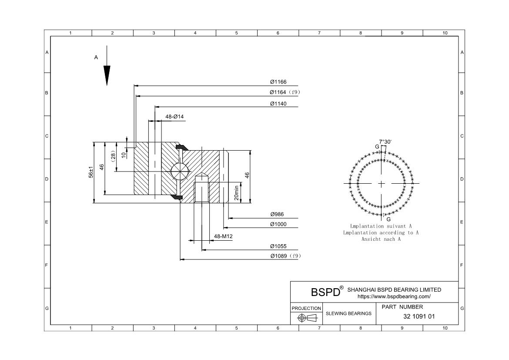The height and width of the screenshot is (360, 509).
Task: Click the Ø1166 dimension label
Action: (278, 82)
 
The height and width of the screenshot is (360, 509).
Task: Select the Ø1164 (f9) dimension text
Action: (285, 92)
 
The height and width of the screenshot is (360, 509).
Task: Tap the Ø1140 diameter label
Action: (278, 104)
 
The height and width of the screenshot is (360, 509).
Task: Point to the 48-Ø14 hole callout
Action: (174, 117)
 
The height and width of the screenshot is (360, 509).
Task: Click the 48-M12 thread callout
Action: (223, 236)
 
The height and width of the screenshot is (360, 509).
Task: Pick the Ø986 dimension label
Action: (277, 214)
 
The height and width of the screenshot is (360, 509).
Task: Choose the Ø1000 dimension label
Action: (278, 224)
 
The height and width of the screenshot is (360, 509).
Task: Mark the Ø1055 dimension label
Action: (278, 246)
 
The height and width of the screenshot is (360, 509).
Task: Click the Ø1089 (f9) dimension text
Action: (285, 256)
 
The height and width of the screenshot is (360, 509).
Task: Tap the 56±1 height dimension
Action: (91, 172)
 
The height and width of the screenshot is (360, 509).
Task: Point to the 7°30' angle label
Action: (385, 142)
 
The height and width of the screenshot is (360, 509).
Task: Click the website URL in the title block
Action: (394, 296)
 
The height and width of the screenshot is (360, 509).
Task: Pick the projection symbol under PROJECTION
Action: (306, 318)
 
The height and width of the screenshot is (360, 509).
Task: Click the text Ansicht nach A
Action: (381, 239)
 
